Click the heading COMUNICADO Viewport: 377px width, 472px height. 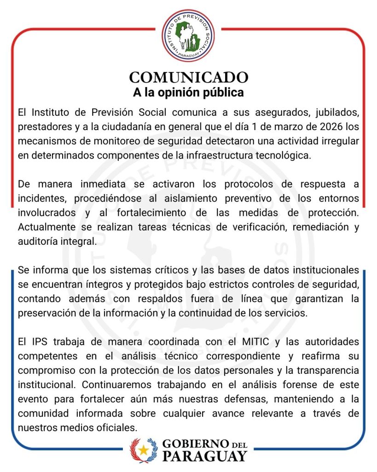pos(188,77)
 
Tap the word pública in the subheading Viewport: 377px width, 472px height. pos(222,92)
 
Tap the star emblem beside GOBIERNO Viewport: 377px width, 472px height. pos(144,450)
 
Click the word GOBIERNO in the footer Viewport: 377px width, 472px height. pos(196,444)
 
